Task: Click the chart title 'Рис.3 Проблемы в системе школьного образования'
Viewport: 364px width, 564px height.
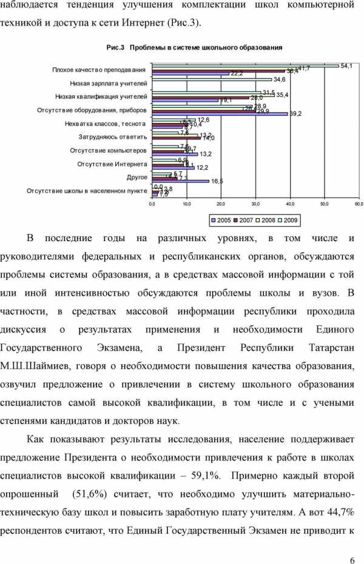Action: pos(194,47)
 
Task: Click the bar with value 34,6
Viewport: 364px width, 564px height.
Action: pos(212,79)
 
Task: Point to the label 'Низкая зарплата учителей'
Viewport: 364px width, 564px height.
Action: pos(109,83)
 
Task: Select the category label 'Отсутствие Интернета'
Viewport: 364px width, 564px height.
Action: pos(112,164)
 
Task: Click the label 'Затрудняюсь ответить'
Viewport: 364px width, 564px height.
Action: pos(112,137)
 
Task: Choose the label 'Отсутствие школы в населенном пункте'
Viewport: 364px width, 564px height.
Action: pos(87,190)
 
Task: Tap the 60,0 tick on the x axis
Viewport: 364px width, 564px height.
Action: pos(359,205)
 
